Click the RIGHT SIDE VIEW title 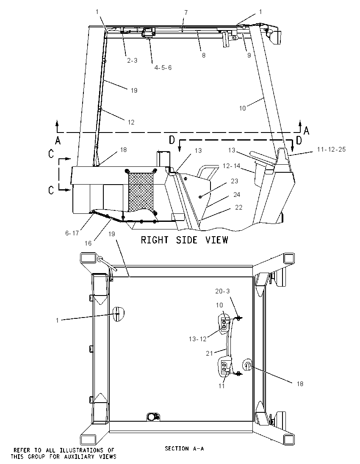click(x=184, y=240)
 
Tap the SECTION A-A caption click(x=184, y=449)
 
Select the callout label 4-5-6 click(x=163, y=68)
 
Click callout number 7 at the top click(x=186, y=13)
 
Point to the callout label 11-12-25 click(x=331, y=149)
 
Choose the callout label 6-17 click(x=72, y=233)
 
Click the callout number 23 click(x=235, y=181)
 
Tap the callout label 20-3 click(x=222, y=291)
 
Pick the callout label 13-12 click(x=197, y=339)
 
